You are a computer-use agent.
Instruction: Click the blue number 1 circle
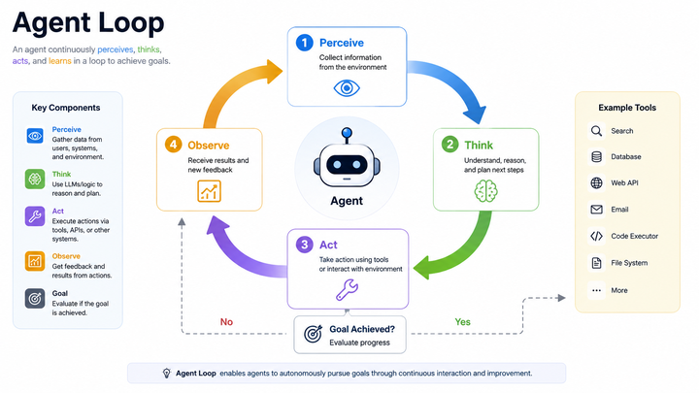click(305, 43)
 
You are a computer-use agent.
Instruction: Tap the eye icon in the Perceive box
click(347, 88)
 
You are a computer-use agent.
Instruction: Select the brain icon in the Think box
click(486, 191)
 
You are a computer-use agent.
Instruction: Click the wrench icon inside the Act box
click(347, 289)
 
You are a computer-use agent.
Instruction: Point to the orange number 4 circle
click(174, 145)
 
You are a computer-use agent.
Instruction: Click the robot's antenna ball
click(347, 132)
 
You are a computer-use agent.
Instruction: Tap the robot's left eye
click(337, 165)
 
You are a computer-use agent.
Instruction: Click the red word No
click(226, 322)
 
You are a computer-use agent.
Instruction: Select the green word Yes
click(462, 322)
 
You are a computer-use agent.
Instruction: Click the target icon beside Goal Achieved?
click(313, 334)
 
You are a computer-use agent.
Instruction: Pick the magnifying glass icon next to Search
click(596, 131)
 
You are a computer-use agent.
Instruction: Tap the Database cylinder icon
click(596, 157)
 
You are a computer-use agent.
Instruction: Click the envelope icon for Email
click(596, 210)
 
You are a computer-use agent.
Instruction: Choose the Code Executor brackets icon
click(596, 236)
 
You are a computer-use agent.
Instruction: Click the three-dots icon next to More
click(596, 290)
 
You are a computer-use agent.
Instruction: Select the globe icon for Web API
click(596, 183)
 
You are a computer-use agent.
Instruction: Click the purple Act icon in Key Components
click(35, 216)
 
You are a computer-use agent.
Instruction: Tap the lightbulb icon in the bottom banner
click(167, 374)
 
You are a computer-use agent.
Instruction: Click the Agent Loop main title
click(88, 22)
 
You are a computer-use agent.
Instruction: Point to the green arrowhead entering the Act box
click(422, 268)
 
